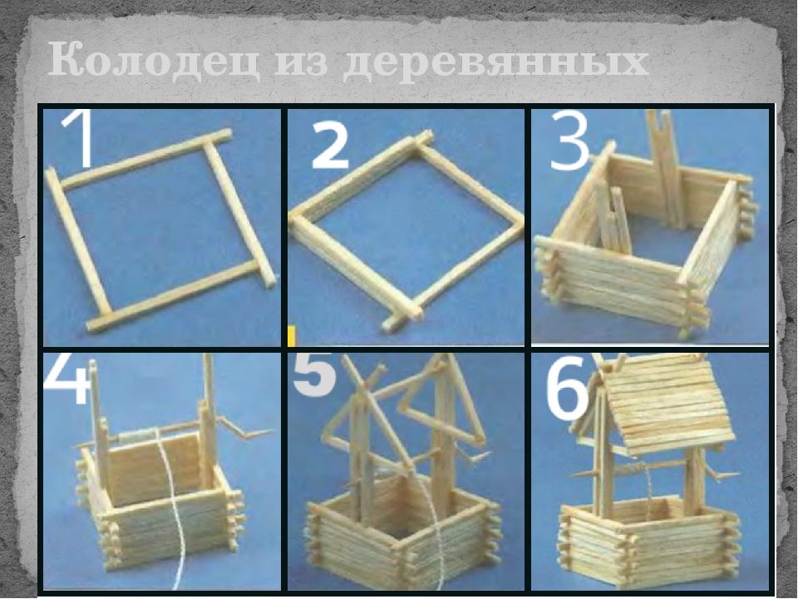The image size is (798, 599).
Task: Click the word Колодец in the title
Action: [154, 61]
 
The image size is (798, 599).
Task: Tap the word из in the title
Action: [300, 63]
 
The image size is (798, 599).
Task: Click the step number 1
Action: [79, 140]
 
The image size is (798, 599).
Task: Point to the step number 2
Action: [330, 146]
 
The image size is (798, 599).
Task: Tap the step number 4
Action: [66, 379]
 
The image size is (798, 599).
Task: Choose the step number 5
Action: [314, 375]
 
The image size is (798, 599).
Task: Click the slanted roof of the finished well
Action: [667, 405]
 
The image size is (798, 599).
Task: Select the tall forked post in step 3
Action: [664, 168]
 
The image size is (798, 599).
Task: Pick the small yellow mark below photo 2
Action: [292, 337]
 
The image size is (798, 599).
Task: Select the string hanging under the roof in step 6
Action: [648, 487]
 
